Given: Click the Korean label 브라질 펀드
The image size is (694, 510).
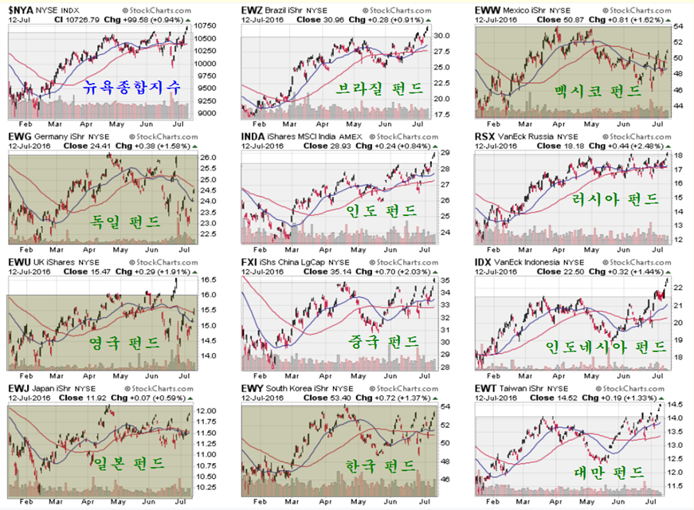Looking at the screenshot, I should (378, 88).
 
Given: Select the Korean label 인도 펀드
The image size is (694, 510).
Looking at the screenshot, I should (381, 210).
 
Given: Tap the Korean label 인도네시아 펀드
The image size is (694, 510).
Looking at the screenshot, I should (606, 347).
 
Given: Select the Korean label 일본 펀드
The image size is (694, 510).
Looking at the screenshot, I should (127, 462).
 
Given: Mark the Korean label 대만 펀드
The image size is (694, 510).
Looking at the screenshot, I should (608, 472).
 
